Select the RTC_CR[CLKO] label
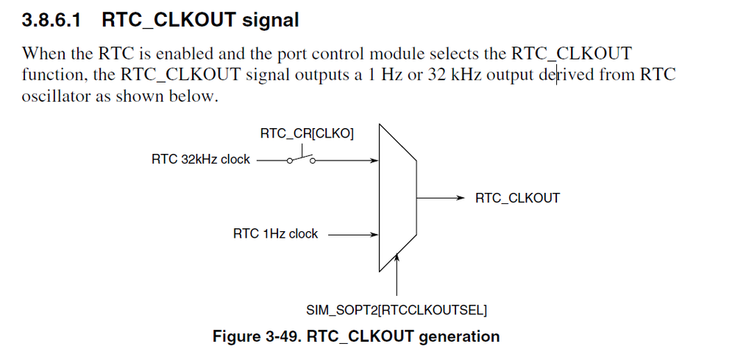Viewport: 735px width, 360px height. (307, 134)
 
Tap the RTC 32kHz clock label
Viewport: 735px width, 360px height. (201, 159)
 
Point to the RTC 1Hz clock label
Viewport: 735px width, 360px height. (275, 233)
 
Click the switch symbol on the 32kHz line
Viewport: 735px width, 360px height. (301, 158)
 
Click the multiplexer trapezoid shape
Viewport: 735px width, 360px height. (397, 198)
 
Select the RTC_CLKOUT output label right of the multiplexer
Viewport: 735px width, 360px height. (517, 198)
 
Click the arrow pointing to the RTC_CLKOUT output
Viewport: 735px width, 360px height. (441, 198)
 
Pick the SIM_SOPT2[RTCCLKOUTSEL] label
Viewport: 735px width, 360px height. (397, 311)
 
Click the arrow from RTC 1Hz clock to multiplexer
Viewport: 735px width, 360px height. (353, 234)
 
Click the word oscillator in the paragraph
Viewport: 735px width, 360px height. (56, 96)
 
